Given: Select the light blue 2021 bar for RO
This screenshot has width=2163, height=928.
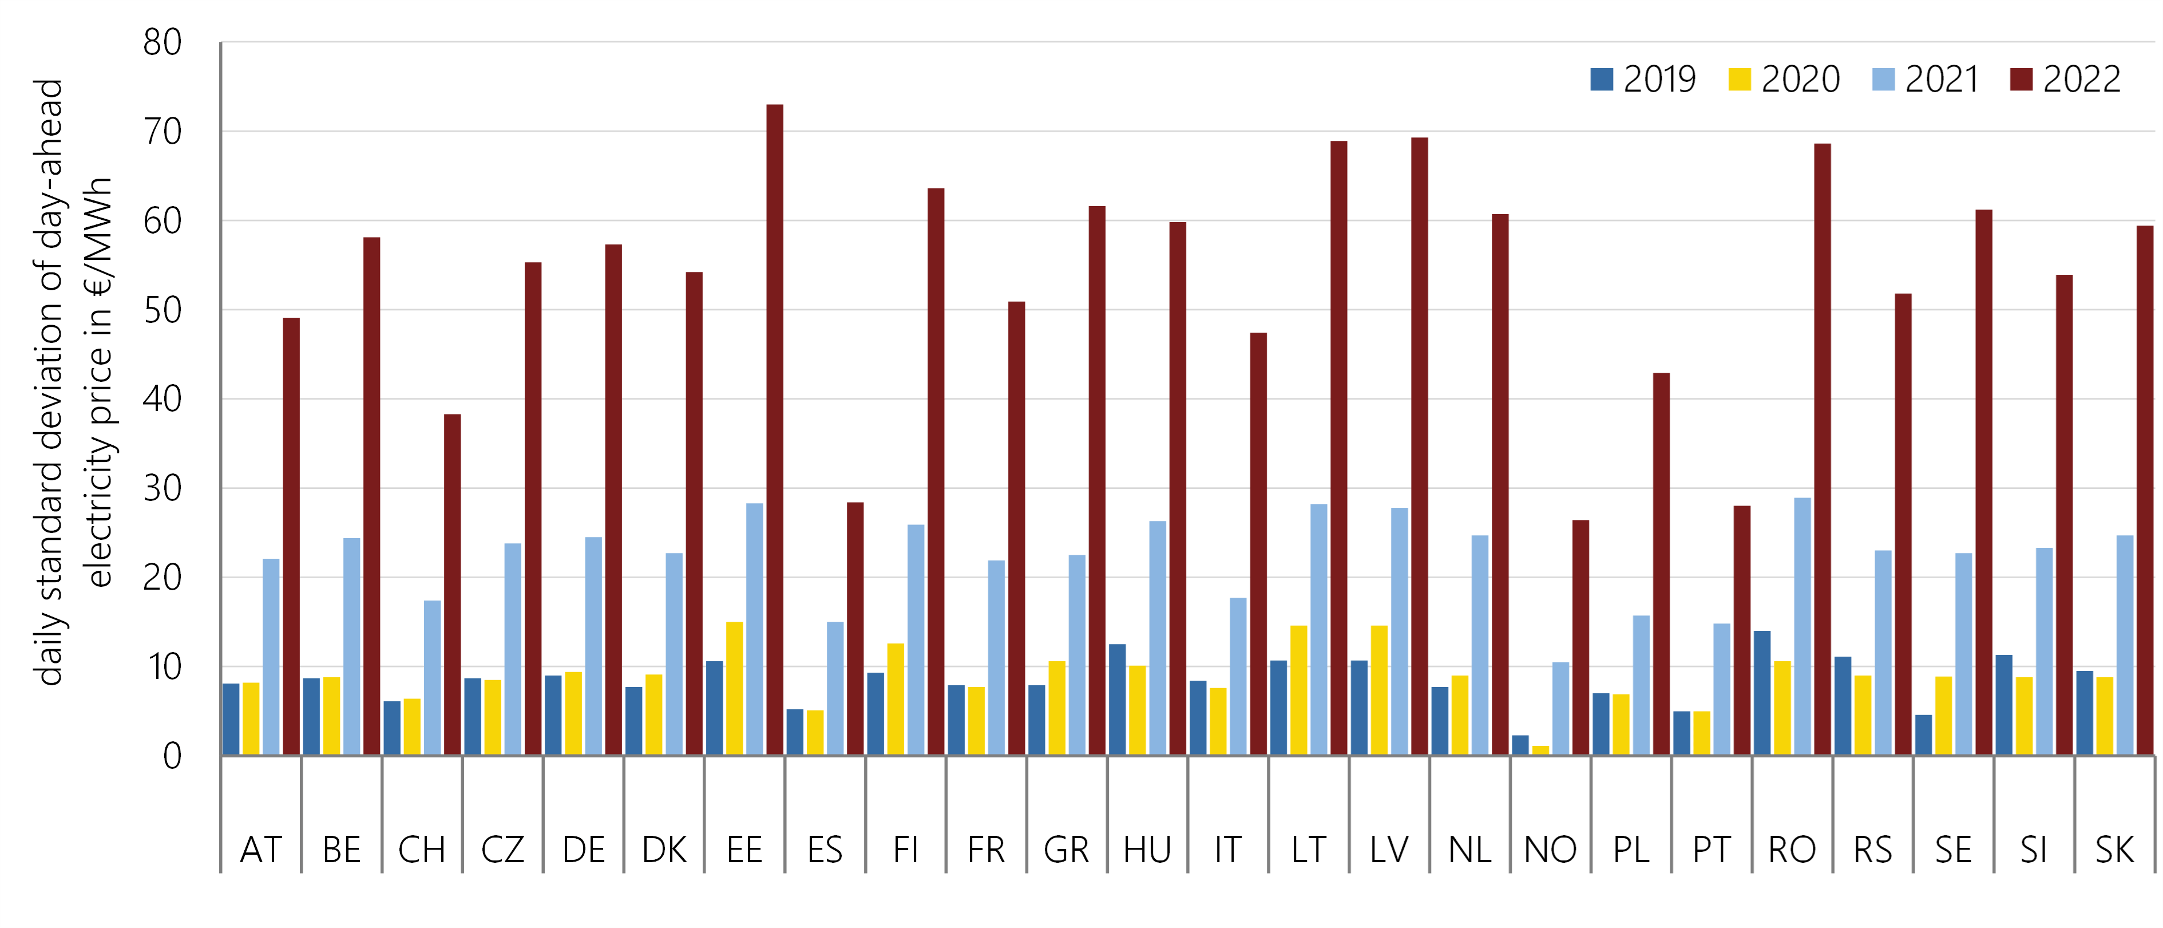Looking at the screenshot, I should click(1802, 626).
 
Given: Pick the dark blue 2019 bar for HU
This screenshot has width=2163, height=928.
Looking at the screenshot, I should click(1117, 699).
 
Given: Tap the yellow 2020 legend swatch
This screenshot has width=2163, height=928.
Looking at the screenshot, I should click(1739, 80).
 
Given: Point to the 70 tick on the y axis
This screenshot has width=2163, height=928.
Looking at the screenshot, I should click(162, 132).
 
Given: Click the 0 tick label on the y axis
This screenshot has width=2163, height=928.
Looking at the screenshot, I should click(172, 756).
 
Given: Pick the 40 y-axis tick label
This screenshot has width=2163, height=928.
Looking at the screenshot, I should click(162, 399).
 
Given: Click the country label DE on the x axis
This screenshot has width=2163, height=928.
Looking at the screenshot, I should click(584, 850).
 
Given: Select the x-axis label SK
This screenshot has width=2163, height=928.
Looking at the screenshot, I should click(2114, 850).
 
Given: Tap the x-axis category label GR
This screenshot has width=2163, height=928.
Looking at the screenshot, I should click(1067, 850).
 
